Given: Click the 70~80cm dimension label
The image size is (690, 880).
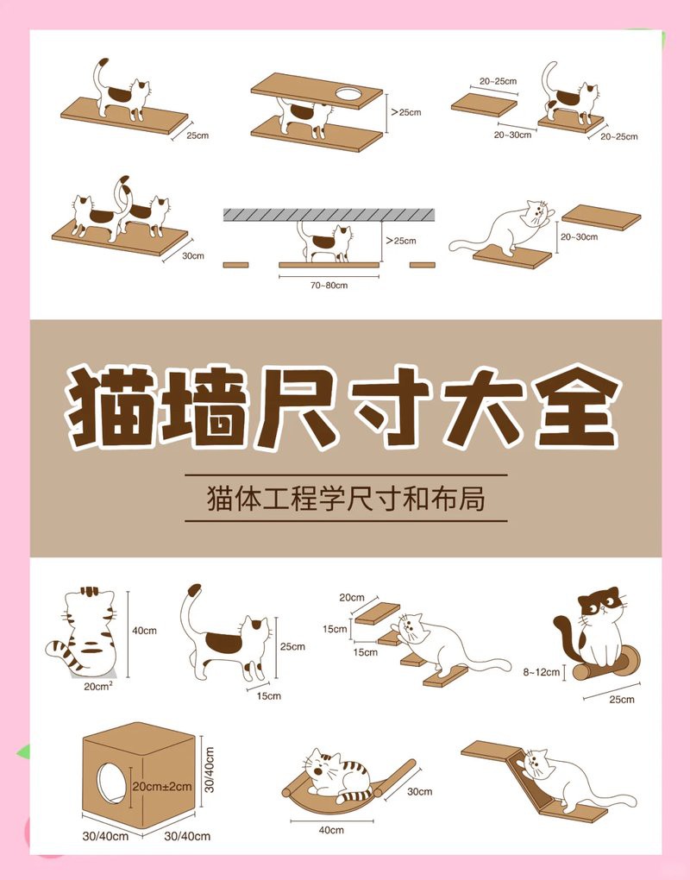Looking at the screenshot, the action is point(329,285).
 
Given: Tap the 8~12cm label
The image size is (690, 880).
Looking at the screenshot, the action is point(542,672).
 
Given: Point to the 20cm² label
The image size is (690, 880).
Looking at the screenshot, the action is point(98,686).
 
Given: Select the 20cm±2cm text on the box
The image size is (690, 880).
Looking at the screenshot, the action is point(161,786).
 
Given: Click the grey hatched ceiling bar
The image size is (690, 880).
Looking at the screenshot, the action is point(329,214).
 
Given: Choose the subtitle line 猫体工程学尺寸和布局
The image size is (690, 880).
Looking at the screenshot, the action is point(346,499).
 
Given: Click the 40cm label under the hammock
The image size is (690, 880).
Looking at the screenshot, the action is point(331,829).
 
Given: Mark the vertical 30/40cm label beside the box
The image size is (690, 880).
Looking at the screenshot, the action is point(210,770).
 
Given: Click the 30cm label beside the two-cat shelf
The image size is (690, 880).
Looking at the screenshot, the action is point(193,255).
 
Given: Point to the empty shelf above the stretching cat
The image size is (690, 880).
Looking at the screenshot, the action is point(601,217).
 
